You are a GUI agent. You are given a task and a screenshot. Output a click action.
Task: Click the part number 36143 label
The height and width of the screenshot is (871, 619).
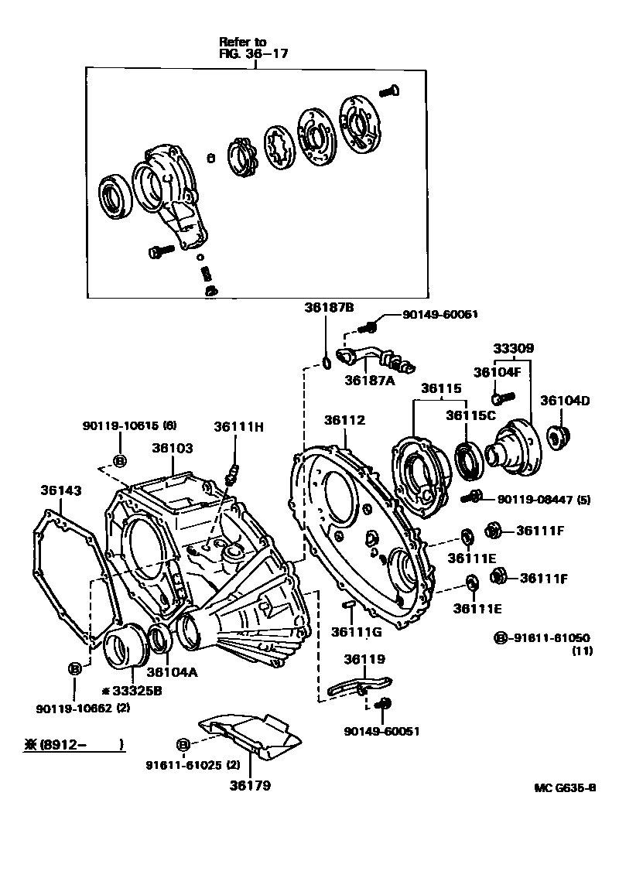coord(60,490)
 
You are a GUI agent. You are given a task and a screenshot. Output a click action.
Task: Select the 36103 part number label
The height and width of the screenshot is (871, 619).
coord(172,448)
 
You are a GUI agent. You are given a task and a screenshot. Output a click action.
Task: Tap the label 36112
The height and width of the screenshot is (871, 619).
coord(344,420)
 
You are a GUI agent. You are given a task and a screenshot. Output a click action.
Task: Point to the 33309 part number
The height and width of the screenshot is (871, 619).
coord(514,349)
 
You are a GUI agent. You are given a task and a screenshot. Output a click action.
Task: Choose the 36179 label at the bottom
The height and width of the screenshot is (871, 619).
coord(250,785)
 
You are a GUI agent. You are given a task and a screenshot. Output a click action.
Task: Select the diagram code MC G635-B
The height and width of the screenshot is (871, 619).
coord(565,788)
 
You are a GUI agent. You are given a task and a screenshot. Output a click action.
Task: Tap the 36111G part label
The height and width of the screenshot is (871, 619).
coord(357,632)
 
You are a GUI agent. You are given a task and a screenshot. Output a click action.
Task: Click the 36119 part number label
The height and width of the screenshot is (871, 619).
coord(364,659)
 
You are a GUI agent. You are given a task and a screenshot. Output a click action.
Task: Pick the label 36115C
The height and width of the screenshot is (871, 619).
coord(470,415)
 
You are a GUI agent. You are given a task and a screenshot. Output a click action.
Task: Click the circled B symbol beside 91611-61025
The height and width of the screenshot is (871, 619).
coord(183,744)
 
